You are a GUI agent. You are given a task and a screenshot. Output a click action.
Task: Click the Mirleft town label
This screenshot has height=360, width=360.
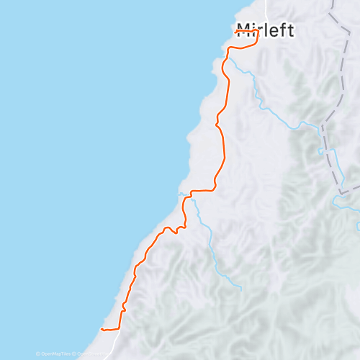click(x=266, y=30)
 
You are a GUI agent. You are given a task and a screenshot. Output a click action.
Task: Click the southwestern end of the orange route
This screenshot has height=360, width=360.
click(x=102, y=329)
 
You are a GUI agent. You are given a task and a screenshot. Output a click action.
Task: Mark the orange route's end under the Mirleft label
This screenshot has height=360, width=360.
click(x=236, y=32)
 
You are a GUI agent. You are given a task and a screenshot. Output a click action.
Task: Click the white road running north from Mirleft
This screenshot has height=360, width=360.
click(x=265, y=9)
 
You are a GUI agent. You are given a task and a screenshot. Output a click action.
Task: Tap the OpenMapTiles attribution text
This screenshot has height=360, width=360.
click(x=56, y=354)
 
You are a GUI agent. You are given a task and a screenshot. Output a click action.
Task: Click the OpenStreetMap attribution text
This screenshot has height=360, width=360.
click(x=92, y=354)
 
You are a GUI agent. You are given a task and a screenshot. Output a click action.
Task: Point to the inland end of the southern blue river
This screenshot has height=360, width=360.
click(x=240, y=289)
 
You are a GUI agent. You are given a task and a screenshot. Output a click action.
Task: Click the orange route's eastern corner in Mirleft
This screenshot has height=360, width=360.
click(x=258, y=42)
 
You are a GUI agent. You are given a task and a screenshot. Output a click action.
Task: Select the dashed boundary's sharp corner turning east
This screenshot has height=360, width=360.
click(x=339, y=192)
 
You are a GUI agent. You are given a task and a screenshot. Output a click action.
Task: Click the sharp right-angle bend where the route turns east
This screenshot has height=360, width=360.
click(x=191, y=192)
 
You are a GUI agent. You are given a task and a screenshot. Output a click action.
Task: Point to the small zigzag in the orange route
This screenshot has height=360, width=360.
click(x=173, y=230)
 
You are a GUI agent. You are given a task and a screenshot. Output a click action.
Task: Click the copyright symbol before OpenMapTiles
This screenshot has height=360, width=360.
click(x=37, y=354)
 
